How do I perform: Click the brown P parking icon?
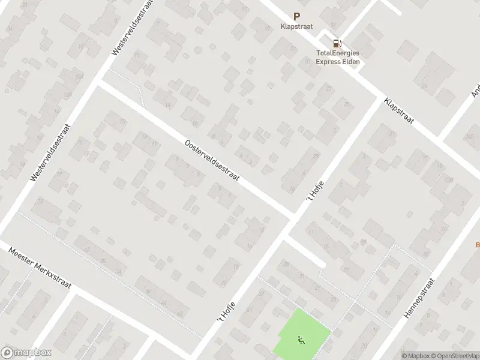[x=296, y=17]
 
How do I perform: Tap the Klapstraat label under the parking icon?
[x=296, y=26]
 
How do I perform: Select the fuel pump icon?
[x=338, y=43]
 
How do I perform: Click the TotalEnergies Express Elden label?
[x=338, y=57]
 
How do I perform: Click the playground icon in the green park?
[x=299, y=341]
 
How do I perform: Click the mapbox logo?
[x=26, y=353]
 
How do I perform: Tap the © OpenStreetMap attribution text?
[x=454, y=356]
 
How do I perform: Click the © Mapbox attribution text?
[x=416, y=356]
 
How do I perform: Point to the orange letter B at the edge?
[x=478, y=244]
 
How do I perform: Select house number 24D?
[x=469, y=137]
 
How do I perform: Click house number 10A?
[x=77, y=76]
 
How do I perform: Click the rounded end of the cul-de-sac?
[x=322, y=263]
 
